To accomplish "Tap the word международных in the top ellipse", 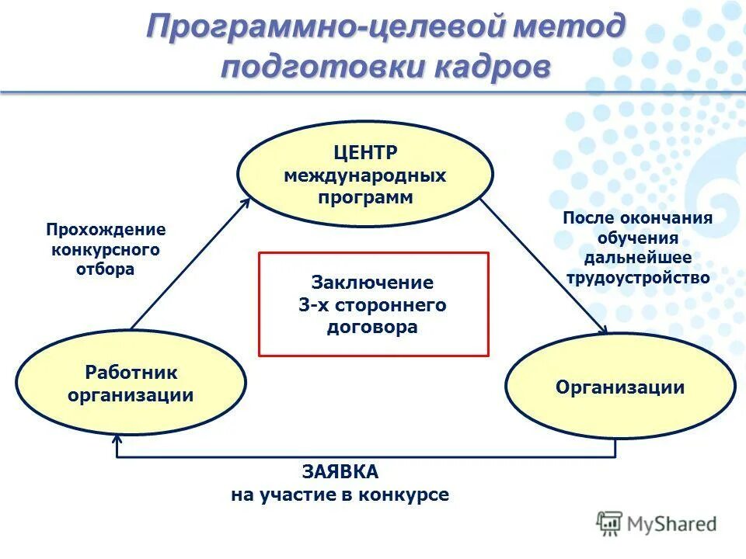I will (364, 175).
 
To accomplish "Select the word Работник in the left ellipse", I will (131, 373).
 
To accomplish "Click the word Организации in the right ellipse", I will (620, 387).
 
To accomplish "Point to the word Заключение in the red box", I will (372, 282).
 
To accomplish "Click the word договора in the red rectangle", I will (372, 327).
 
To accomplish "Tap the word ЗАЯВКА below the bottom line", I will (340, 471).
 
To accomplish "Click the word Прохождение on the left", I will (106, 230).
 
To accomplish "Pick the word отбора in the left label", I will (106, 269).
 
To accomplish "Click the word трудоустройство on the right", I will (638, 277).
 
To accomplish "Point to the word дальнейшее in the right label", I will (638, 257).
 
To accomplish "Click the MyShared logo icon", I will (610, 523).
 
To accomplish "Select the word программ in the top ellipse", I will (364, 196).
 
